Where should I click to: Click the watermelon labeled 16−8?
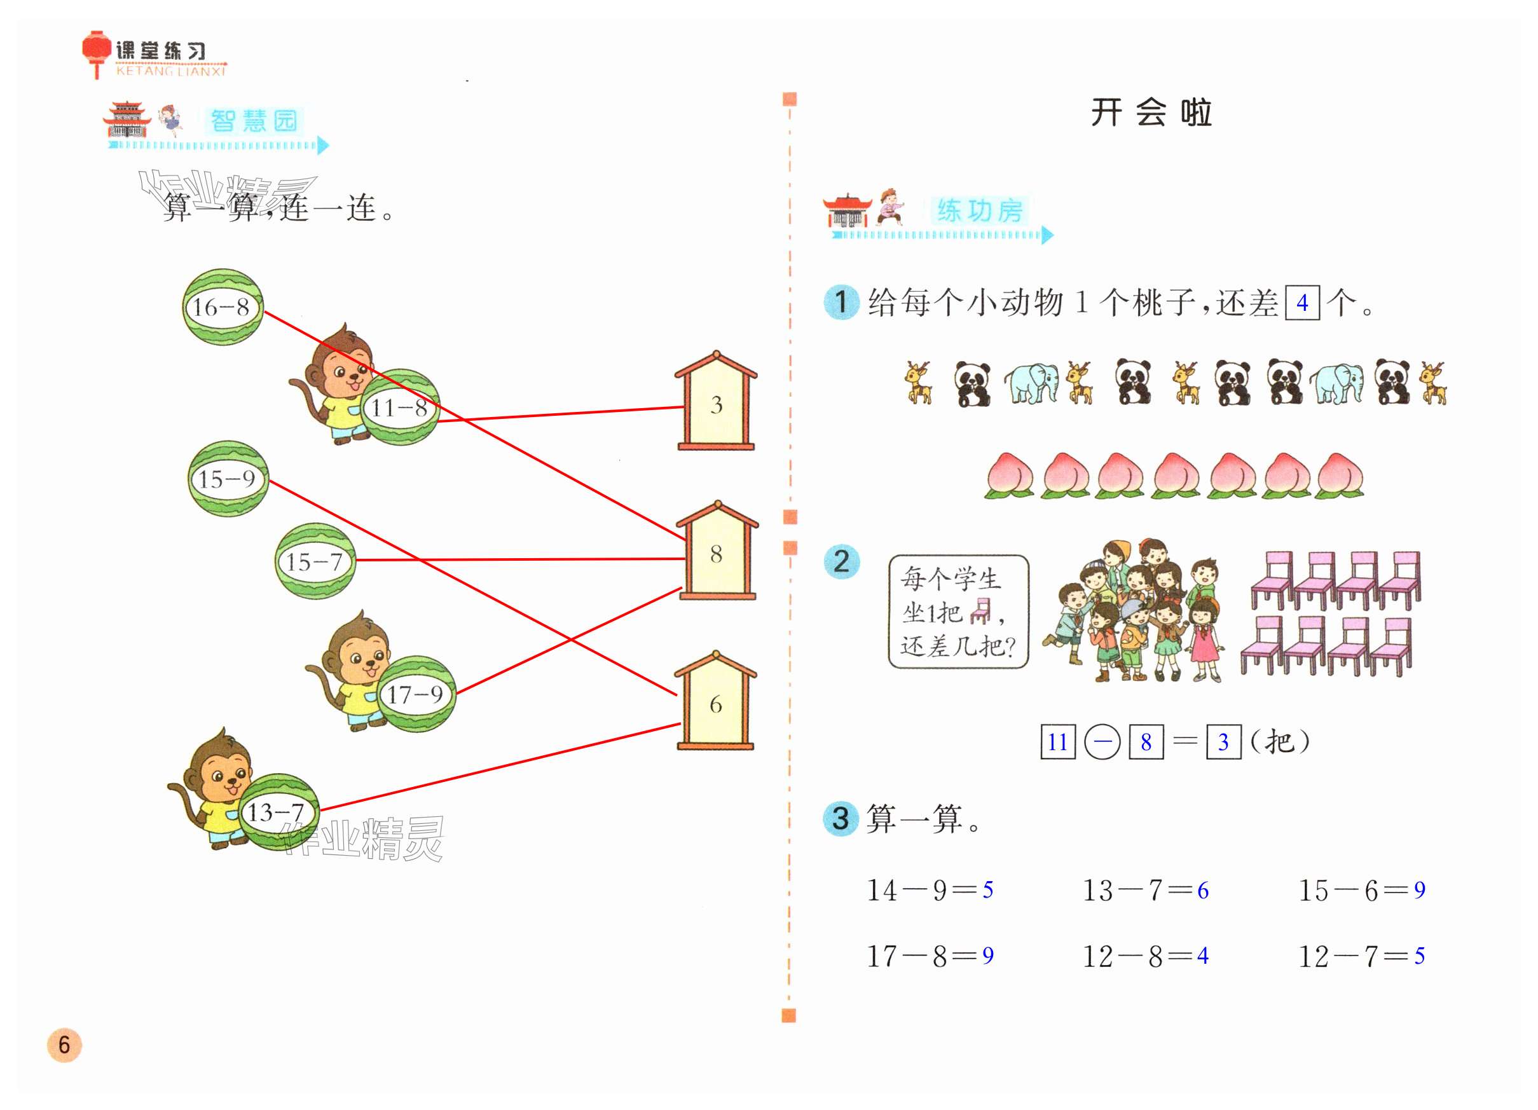click(223, 307)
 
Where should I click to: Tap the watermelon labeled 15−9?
click(228, 479)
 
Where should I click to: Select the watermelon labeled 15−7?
click(315, 561)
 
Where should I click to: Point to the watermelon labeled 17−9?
click(416, 694)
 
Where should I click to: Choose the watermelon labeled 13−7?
click(277, 812)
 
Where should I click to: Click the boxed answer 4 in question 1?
click(1302, 303)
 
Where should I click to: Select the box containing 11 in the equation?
click(1057, 742)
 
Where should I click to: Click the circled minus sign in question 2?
click(1102, 742)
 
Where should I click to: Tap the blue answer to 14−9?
click(987, 889)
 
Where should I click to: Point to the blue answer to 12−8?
click(1202, 956)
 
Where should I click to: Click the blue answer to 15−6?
click(1419, 889)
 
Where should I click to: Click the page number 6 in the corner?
click(64, 1045)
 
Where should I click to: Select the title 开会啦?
click(1151, 113)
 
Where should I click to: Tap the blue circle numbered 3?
click(841, 818)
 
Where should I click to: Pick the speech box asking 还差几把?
click(958, 612)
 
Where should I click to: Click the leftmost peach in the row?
click(1010, 476)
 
